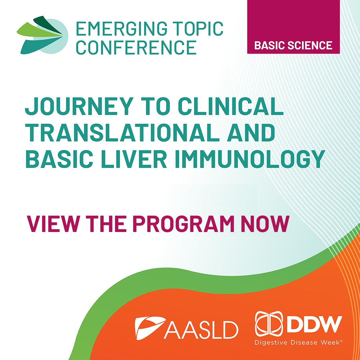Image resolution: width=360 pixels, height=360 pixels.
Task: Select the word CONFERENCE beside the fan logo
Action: pyautogui.click(x=136, y=47)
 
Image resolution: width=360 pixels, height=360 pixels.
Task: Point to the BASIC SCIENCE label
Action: pyautogui.click(x=293, y=45)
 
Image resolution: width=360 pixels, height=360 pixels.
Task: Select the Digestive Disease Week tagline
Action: pyautogui.click(x=297, y=342)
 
